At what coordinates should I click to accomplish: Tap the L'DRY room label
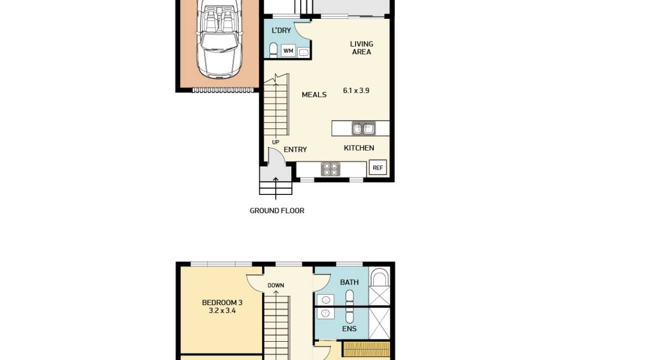[281, 30]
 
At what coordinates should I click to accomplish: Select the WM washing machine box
[288, 51]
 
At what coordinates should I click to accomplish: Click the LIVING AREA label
[362, 48]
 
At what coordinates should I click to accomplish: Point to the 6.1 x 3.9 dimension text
[356, 90]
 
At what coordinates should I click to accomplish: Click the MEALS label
[314, 95]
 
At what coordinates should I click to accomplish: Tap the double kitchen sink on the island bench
[363, 128]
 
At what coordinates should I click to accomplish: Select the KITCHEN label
[359, 148]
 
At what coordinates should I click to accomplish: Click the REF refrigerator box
[378, 167]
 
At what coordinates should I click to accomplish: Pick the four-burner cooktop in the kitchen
[331, 169]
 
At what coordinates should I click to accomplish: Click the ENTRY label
[295, 150]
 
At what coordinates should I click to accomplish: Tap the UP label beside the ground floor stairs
[275, 142]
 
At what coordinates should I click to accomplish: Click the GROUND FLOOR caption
[277, 210]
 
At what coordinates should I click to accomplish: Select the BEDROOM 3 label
[222, 302]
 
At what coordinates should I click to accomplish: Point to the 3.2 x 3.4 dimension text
[222, 311]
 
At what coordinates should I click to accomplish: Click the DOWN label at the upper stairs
[276, 286]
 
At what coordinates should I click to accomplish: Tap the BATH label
[349, 282]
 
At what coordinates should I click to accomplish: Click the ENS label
[349, 328]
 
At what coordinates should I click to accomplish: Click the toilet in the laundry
[273, 50]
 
